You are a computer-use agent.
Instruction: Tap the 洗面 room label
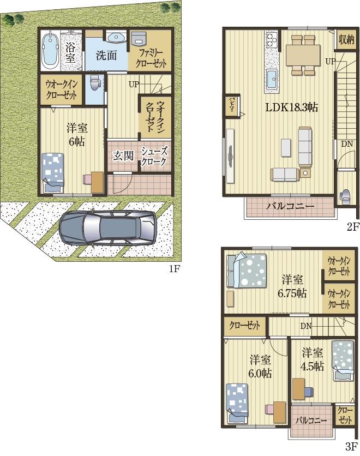106,55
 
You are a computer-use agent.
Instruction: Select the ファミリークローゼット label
151,58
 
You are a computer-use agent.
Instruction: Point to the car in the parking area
107,227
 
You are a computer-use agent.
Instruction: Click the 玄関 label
123,156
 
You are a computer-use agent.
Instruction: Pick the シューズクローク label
154,156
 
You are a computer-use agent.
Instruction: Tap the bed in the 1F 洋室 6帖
53,172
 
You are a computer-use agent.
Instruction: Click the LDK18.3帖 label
292,108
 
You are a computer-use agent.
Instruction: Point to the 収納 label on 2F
346,39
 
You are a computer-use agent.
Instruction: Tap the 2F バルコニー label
290,207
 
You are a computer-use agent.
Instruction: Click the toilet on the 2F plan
346,196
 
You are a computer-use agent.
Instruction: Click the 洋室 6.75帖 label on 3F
292,286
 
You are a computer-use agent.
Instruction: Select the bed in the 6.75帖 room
247,270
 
